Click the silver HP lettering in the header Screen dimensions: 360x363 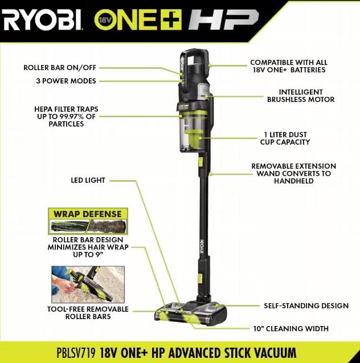coord(223,20)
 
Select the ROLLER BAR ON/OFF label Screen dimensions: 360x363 coord(60,68)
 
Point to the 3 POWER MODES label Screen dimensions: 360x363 coord(66,81)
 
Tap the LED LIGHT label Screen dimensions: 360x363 coord(88,180)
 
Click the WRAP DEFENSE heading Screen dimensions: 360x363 coord(88,214)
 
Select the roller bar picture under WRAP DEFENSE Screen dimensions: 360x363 coord(88,226)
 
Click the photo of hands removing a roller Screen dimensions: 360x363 coord(88,284)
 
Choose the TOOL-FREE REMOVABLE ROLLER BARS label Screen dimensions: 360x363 coord(88,313)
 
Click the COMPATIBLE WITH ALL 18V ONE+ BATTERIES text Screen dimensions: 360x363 coord(289,66)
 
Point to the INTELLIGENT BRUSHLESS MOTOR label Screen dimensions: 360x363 coord(301,96)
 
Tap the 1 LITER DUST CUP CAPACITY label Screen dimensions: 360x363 coord(285,138)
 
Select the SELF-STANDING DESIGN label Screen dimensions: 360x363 coord(306,305)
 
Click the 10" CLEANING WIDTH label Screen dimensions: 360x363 coord(291,328)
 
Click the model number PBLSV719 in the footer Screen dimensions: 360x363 coord(76,353)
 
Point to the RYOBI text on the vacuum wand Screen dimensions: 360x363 coord(201,246)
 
